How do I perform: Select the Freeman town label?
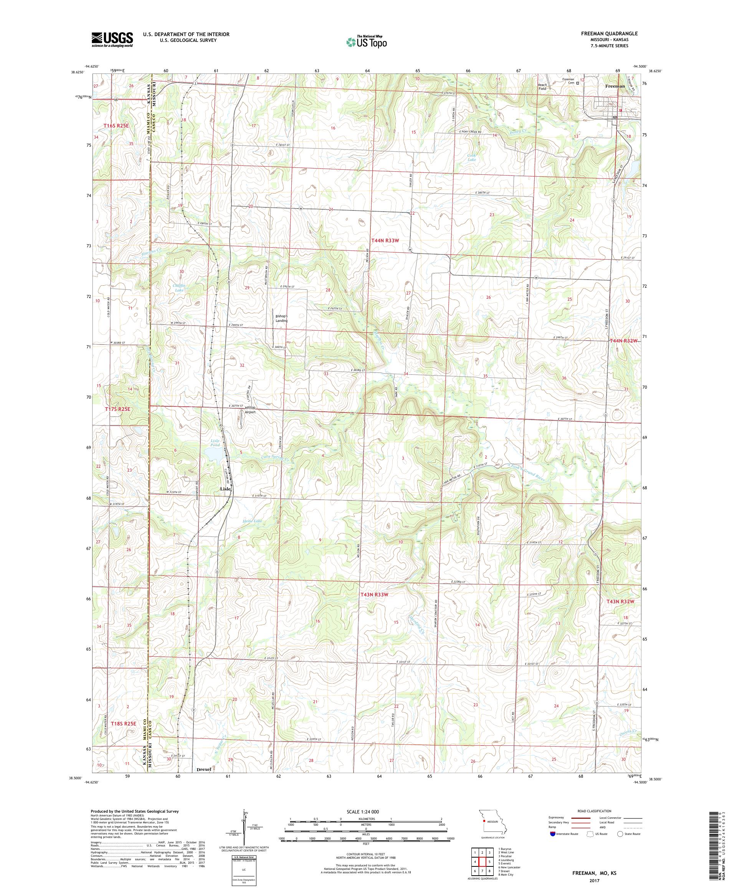pyautogui.click(x=615, y=86)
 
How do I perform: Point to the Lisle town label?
pyautogui.click(x=225, y=489)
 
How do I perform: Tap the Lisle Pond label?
pyautogui.click(x=215, y=443)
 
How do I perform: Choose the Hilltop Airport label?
pyautogui.click(x=247, y=409)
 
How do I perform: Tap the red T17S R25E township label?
pyautogui.click(x=117, y=409)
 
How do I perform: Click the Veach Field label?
pyautogui.click(x=542, y=86)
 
